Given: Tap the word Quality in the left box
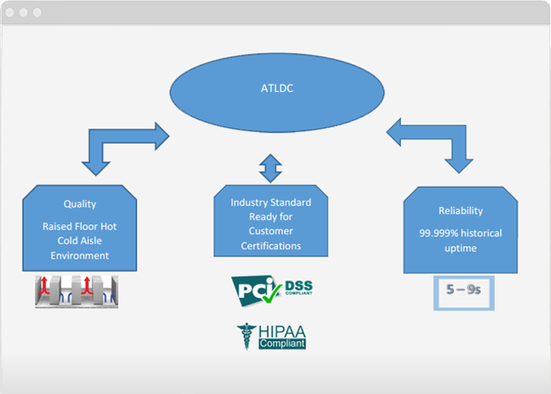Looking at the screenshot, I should click(80, 204).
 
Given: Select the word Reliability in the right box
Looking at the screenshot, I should click(461, 210).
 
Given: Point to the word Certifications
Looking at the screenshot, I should click(271, 246).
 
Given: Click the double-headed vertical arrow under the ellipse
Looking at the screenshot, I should click(270, 166).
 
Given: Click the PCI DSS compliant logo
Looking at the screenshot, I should click(271, 288).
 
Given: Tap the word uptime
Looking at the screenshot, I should click(460, 248).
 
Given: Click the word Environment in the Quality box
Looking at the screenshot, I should click(80, 255).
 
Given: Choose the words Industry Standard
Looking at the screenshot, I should click(271, 202).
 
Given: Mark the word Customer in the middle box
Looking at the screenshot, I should click(271, 232).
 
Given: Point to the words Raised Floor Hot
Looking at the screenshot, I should click(80, 226).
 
